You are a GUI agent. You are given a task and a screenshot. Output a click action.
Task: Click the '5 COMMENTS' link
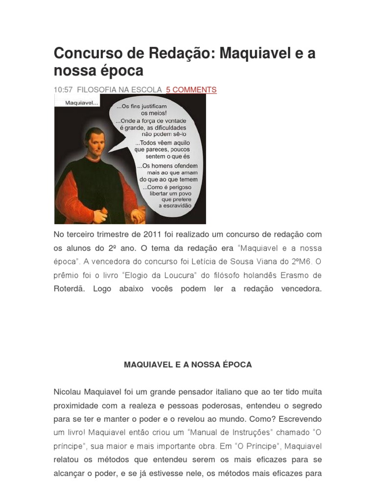(x=191, y=90)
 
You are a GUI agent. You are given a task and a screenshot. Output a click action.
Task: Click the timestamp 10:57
(x=63, y=90)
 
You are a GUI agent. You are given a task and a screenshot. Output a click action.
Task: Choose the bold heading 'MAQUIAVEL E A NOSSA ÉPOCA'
(x=188, y=365)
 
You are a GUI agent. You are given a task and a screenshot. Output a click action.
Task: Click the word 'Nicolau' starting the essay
(x=68, y=392)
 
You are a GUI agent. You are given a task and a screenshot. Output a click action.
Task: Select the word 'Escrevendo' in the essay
(x=300, y=419)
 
